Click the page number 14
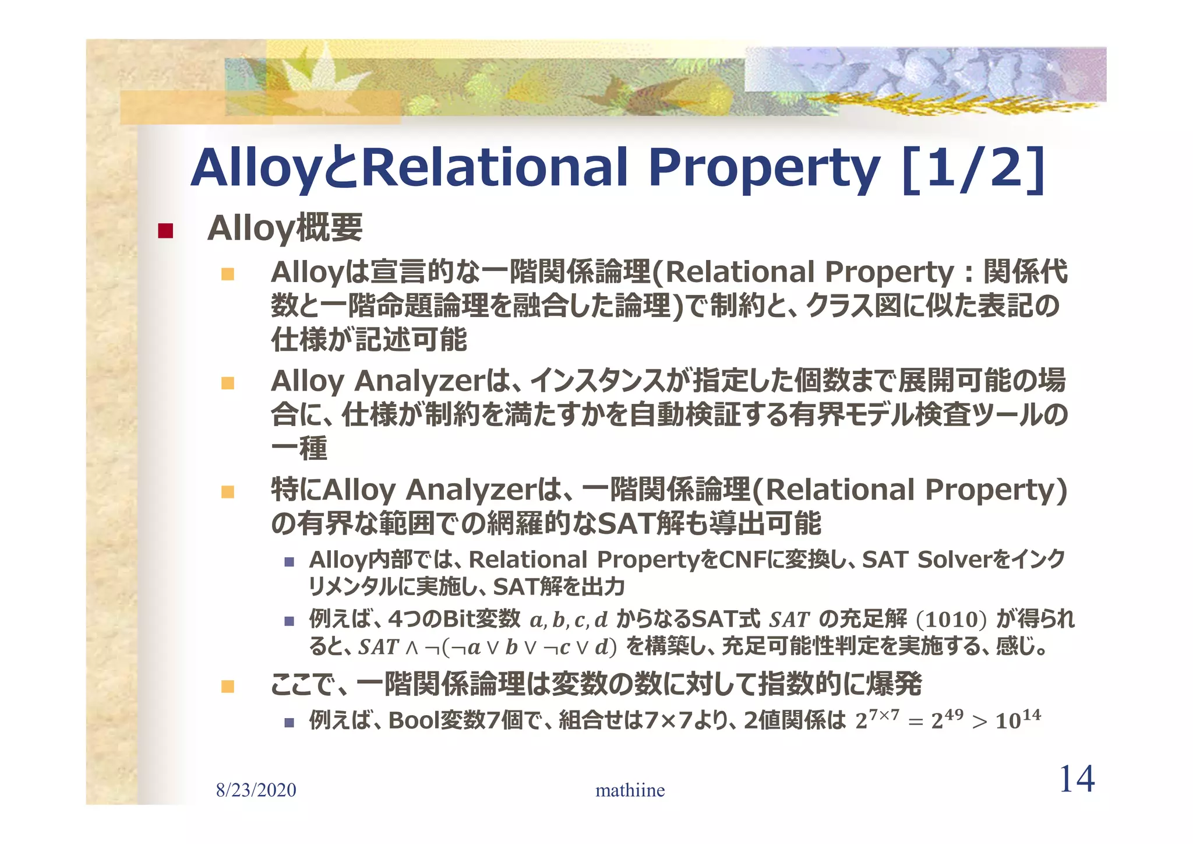(x=1076, y=779)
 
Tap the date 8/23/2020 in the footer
(x=256, y=790)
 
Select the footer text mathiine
(x=630, y=790)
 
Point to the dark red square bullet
(x=165, y=231)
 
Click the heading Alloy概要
(x=285, y=228)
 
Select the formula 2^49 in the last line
(x=947, y=720)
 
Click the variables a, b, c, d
(x=569, y=620)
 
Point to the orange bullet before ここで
(x=228, y=686)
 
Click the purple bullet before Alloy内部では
(x=289, y=562)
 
